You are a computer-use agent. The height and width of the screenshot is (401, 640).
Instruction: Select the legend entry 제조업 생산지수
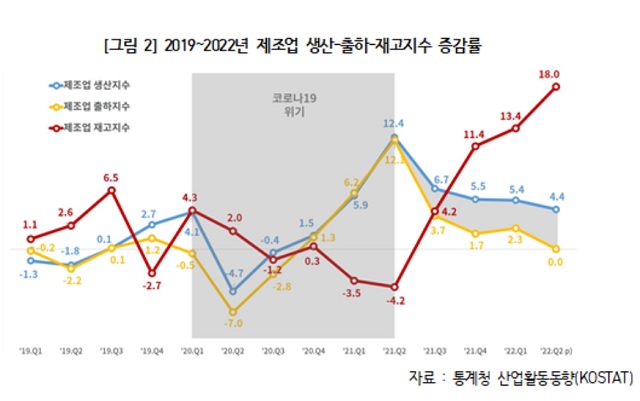pos(102,87)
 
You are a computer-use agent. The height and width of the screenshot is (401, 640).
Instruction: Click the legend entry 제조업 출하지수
pos(102,107)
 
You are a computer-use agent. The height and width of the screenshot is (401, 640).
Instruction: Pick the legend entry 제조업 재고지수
pos(102,127)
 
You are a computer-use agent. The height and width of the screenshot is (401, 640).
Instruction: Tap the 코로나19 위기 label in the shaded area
pos(294,106)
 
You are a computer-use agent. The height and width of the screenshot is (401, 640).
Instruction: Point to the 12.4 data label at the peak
pos(393,123)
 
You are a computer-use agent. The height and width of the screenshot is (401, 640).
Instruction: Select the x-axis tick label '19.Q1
pos(30,351)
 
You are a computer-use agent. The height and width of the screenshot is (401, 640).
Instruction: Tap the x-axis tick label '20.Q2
pos(233,351)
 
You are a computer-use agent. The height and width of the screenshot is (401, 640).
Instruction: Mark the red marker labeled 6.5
pos(111,190)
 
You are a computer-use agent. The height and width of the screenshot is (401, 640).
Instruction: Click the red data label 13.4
pos(514,116)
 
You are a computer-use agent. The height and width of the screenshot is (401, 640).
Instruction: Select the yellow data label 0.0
pos(556,262)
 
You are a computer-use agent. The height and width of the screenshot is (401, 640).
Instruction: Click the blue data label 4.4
pos(557,196)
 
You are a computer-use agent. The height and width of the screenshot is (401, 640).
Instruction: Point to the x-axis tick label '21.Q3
pos(434,351)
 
